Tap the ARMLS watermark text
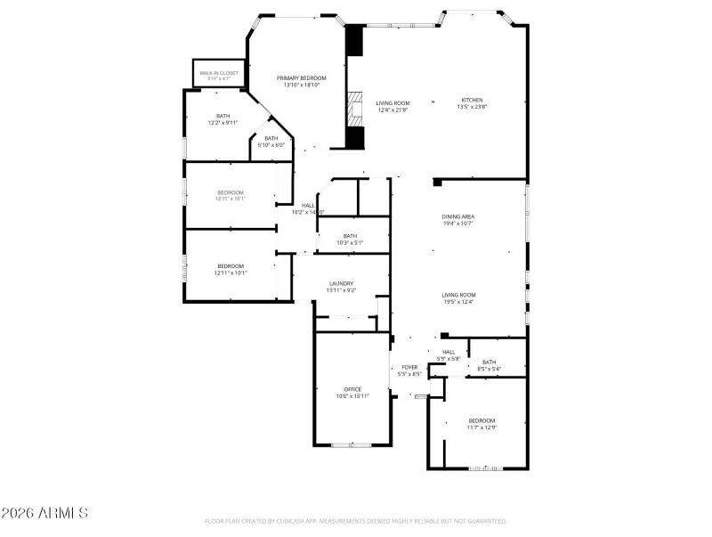(44, 514)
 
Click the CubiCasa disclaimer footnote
(356, 521)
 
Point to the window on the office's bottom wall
(352, 444)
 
